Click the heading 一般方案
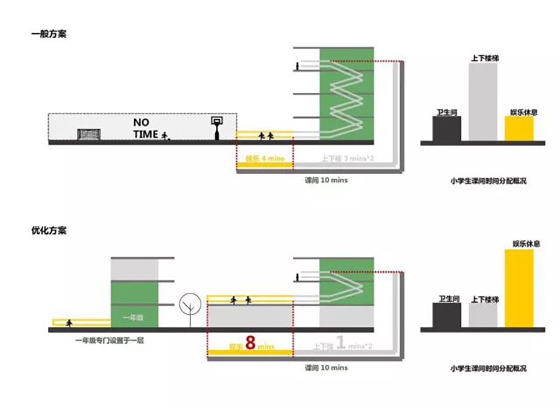click(48, 34)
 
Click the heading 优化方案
click(48, 230)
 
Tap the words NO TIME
click(146, 129)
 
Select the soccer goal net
click(89, 134)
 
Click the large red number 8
click(251, 343)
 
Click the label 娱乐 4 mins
click(264, 158)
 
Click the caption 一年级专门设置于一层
click(109, 340)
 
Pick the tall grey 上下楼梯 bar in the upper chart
click(484, 102)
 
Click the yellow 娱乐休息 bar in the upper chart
click(519, 128)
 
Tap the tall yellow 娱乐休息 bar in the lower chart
click(519, 288)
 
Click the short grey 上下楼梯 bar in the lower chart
click(484, 315)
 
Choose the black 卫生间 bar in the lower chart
click(447, 315)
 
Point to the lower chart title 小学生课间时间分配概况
click(488, 368)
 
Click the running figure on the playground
click(165, 136)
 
